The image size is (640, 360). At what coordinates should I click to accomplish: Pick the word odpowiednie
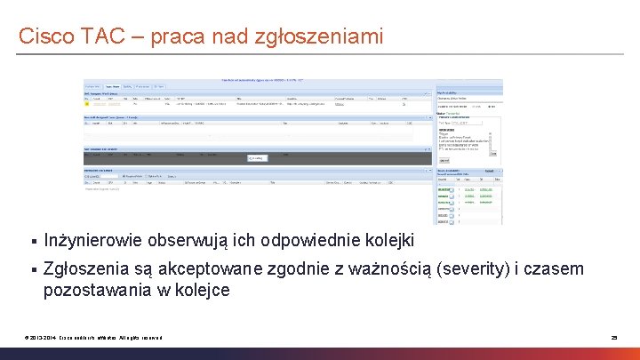coord(312,241)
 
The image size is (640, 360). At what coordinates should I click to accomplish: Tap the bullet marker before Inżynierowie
coord(32,242)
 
